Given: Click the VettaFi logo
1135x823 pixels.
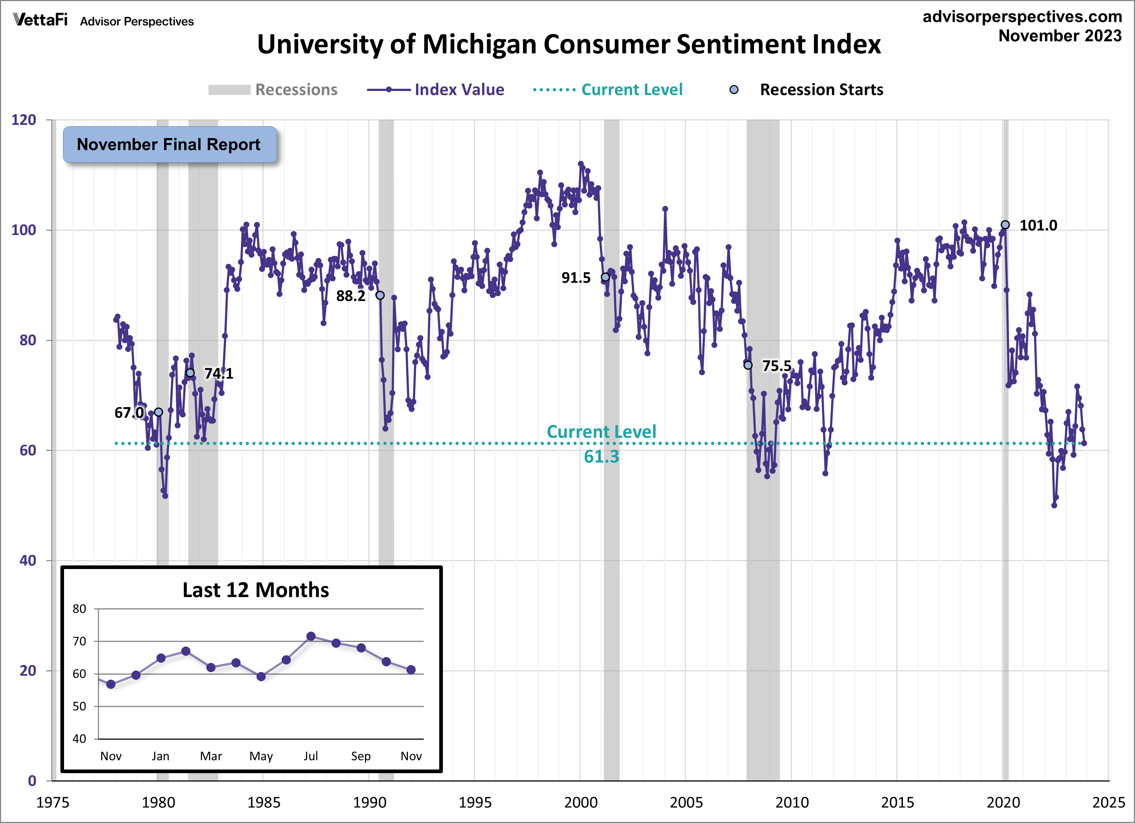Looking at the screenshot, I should point(40,20).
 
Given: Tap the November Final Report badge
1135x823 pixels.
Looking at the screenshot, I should point(169,144).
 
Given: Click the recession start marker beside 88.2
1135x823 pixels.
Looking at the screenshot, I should point(380,295).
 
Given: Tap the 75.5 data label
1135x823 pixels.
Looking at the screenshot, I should point(776,366).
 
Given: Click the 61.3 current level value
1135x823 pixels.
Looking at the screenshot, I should point(601,457).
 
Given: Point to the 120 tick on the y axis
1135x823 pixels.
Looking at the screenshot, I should point(24,120).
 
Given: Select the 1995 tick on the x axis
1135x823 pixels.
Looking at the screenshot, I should point(475,803).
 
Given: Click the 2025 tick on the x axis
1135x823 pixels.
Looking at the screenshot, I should point(1108,803).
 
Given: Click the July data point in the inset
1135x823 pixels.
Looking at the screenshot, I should point(311,636).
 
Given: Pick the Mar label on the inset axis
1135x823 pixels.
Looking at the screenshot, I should point(211,756).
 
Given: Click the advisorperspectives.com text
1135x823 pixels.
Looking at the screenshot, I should point(1022,16).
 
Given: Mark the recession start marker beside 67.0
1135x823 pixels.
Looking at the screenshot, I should point(158,412).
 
